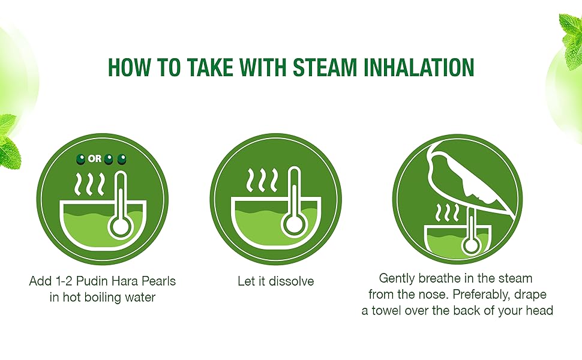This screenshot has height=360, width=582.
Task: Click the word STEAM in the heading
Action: click(324, 67)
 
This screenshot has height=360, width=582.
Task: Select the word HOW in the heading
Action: click(129, 67)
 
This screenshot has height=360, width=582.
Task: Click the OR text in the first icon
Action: click(95, 159)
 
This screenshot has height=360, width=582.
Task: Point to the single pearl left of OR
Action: click(80, 159)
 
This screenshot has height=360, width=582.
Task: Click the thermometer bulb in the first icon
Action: click(121, 225)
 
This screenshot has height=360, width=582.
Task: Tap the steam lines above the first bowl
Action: click(90, 184)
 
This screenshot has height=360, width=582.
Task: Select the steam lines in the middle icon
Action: click(262, 181)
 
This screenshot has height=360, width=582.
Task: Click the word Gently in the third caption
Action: click(397, 278)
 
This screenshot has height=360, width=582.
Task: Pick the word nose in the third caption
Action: click(434, 295)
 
